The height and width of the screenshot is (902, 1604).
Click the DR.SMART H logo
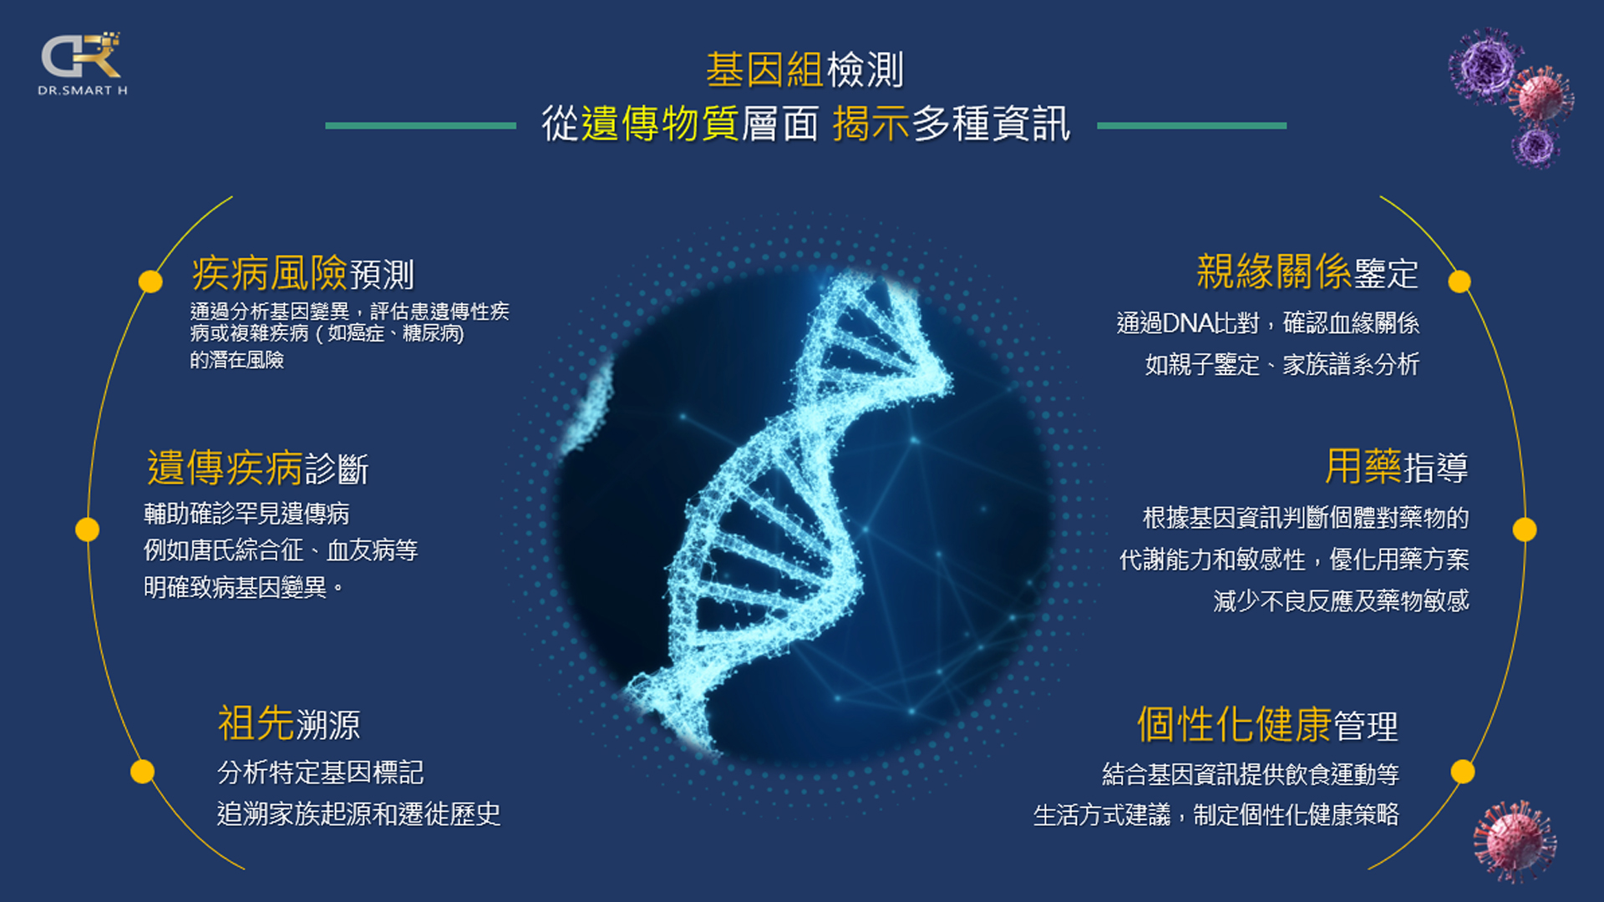(x=82, y=63)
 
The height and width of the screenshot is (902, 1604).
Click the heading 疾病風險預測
(x=303, y=272)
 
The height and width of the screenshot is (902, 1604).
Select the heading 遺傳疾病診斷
(x=257, y=467)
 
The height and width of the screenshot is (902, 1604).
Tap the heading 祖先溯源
(x=289, y=723)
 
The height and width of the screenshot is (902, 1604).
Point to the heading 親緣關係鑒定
(x=1307, y=271)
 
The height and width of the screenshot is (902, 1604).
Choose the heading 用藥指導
(x=1397, y=466)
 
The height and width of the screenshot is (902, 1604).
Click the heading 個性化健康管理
(x=1267, y=724)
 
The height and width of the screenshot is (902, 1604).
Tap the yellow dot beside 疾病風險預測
(x=150, y=281)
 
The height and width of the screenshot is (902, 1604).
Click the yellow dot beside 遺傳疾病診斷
(x=87, y=530)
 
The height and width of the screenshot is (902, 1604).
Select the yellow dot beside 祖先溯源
(x=143, y=772)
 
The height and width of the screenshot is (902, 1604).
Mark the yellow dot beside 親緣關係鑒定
(x=1459, y=281)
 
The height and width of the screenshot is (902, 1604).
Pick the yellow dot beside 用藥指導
(x=1525, y=530)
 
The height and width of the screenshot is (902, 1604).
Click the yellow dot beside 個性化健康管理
(x=1463, y=772)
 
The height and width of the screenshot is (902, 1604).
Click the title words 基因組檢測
(x=805, y=69)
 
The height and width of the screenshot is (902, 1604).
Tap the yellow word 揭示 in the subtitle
(x=871, y=124)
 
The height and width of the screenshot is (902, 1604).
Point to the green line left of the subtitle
(x=420, y=126)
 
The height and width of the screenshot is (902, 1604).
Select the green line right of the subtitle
(x=1191, y=126)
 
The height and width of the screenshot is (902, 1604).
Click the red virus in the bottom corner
(x=1515, y=839)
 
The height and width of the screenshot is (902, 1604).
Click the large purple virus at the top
(x=1486, y=65)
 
